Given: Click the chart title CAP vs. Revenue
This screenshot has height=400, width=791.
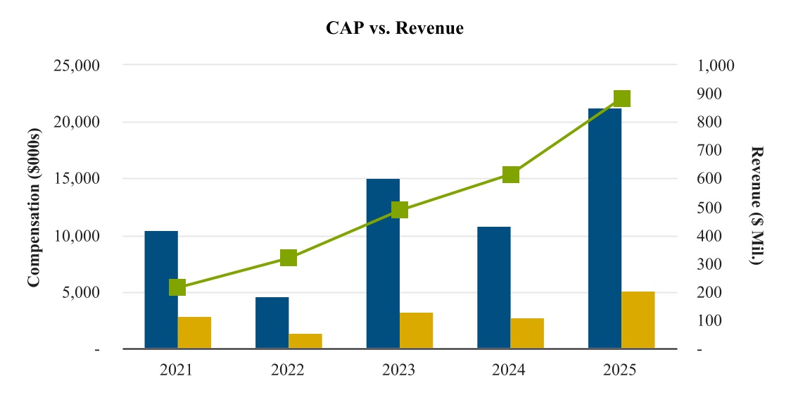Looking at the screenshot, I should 395,28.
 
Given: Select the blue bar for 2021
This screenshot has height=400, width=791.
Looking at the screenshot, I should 161,289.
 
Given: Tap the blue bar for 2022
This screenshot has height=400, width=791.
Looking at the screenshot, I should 272,323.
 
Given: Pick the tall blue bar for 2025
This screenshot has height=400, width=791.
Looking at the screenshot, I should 605,228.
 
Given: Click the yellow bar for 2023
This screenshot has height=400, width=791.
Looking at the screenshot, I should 416,330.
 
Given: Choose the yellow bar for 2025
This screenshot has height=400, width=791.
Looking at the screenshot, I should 638,320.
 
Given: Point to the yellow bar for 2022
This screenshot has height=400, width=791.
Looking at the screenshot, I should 305,341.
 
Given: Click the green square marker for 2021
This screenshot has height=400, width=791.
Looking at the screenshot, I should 177,287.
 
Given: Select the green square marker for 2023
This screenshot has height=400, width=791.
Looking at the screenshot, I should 400,210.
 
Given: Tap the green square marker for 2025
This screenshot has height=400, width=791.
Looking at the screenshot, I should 621,99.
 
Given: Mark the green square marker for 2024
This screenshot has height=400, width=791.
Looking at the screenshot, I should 511,175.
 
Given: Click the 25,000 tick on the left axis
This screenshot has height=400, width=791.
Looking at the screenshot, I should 77,65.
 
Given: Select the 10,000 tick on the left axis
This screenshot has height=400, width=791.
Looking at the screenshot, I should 77,236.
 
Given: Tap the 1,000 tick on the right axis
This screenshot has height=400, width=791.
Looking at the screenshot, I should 716,65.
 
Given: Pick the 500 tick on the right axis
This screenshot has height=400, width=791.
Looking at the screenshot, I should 710,208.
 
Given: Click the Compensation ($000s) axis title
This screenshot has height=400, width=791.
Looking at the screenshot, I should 33,207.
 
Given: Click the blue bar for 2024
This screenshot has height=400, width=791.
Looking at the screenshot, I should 494,287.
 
